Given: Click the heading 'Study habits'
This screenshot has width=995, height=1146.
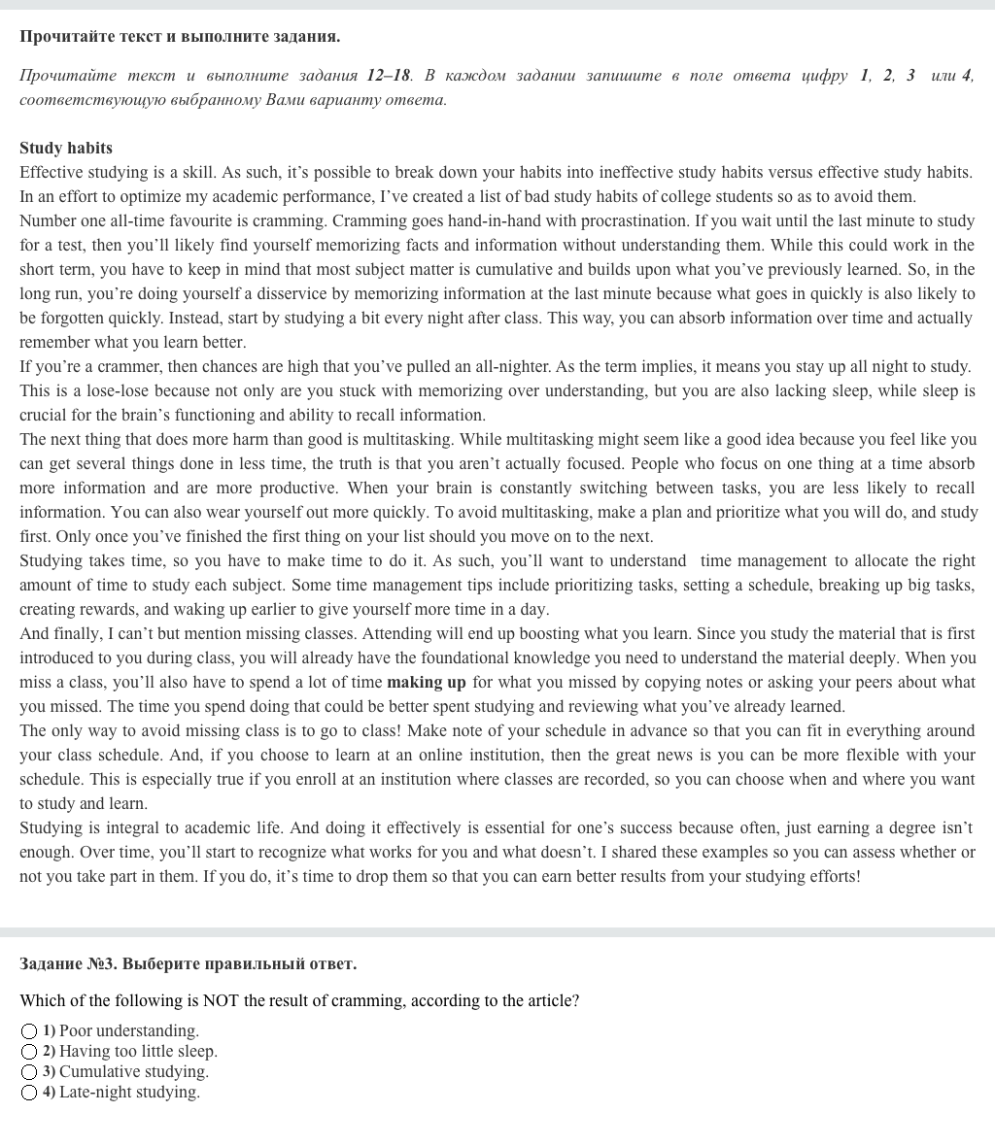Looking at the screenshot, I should pyautogui.click(x=66, y=149).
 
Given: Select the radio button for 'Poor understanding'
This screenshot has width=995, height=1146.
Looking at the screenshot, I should pyautogui.click(x=29, y=1031).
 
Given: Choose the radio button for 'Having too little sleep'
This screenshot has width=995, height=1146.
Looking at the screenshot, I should pyautogui.click(x=29, y=1052).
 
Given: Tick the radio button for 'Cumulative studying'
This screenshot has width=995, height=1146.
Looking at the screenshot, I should pyautogui.click(x=29, y=1072).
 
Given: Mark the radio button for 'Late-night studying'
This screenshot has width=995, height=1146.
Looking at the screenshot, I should pyautogui.click(x=29, y=1093).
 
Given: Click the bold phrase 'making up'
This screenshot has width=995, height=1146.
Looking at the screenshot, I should pyautogui.click(x=426, y=683).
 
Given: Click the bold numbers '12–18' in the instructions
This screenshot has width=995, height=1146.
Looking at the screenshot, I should pyautogui.click(x=389, y=76).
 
